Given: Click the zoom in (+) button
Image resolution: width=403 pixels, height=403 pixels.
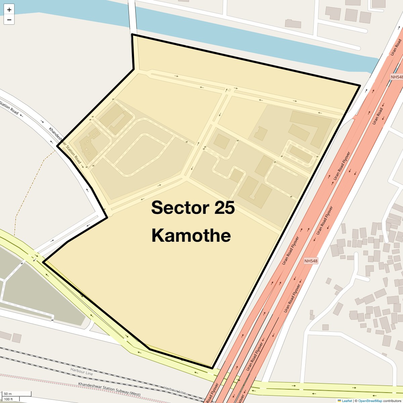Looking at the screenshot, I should tap(9, 10).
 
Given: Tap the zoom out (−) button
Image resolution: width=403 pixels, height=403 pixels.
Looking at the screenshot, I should tap(9, 20).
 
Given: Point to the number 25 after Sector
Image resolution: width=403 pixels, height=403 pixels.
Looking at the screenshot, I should tap(224, 208).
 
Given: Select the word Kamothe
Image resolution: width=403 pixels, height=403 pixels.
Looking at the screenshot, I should tap(191, 235).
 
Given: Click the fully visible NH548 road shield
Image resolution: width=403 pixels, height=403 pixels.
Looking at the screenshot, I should tap(311, 261).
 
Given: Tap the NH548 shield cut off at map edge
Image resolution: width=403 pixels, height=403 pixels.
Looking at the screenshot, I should tap(397, 77).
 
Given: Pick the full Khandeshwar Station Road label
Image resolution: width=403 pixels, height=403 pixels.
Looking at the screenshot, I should tap(65, 145).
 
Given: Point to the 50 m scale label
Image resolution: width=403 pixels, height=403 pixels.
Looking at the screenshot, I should tap(8, 394).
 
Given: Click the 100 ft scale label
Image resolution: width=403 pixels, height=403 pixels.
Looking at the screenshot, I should tap(8, 399).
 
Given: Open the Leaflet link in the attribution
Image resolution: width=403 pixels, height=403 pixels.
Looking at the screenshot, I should tap(347, 401).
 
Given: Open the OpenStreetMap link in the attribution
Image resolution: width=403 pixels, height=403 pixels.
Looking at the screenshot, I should tap(370, 401).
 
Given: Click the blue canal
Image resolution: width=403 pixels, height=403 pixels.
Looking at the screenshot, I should tap(235, 37).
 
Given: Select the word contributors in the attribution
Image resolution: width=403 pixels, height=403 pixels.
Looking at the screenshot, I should tap(392, 401).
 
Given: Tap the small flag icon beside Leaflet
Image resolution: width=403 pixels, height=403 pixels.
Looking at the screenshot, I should tap(339, 401).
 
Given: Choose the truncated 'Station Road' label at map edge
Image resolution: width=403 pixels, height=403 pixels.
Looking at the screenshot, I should tap(9, 107).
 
